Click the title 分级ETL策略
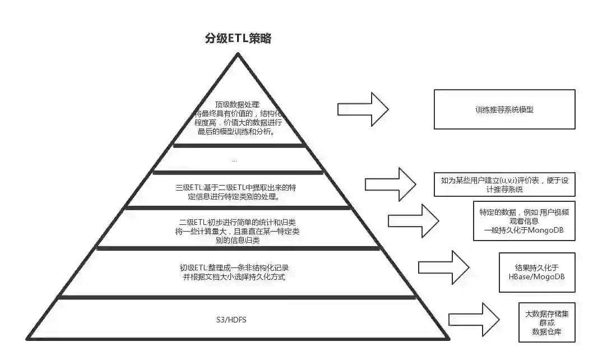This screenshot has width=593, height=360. [238, 39]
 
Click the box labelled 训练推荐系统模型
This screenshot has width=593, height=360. [504, 109]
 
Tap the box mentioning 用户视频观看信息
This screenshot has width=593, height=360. [524, 221]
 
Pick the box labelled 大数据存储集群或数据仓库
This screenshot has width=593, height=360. [546, 323]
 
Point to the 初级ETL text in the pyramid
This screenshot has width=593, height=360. [235, 272]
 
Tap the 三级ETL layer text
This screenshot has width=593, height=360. [235, 192]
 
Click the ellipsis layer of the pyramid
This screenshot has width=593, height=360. [234, 160]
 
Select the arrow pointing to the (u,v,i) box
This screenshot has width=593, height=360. [391, 184]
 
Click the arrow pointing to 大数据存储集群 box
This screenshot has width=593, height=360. [474, 319]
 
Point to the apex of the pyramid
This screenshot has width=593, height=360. [238, 54]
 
